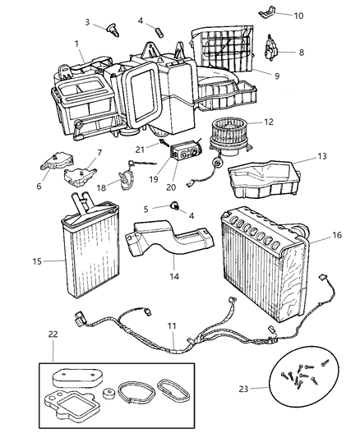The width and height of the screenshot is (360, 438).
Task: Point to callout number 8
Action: (300, 52)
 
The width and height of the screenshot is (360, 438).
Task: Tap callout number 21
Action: (141, 148)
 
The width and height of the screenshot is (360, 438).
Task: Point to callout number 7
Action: (99, 152)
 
